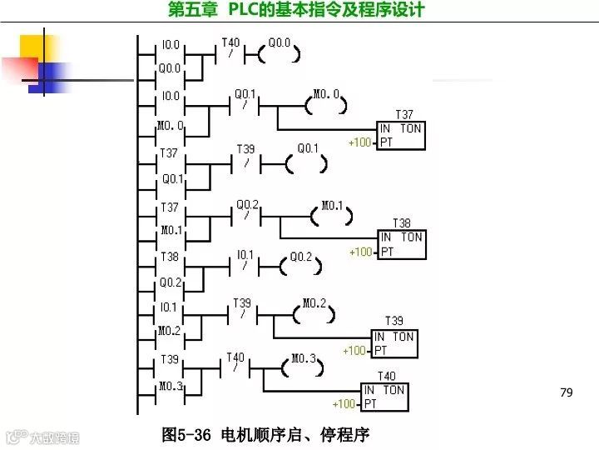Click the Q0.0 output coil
(x=280, y=56)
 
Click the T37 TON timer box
(x=401, y=136)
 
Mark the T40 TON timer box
(x=385, y=397)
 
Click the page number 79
(x=567, y=392)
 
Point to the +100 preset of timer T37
(x=359, y=142)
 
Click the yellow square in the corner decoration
(x=33, y=47)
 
